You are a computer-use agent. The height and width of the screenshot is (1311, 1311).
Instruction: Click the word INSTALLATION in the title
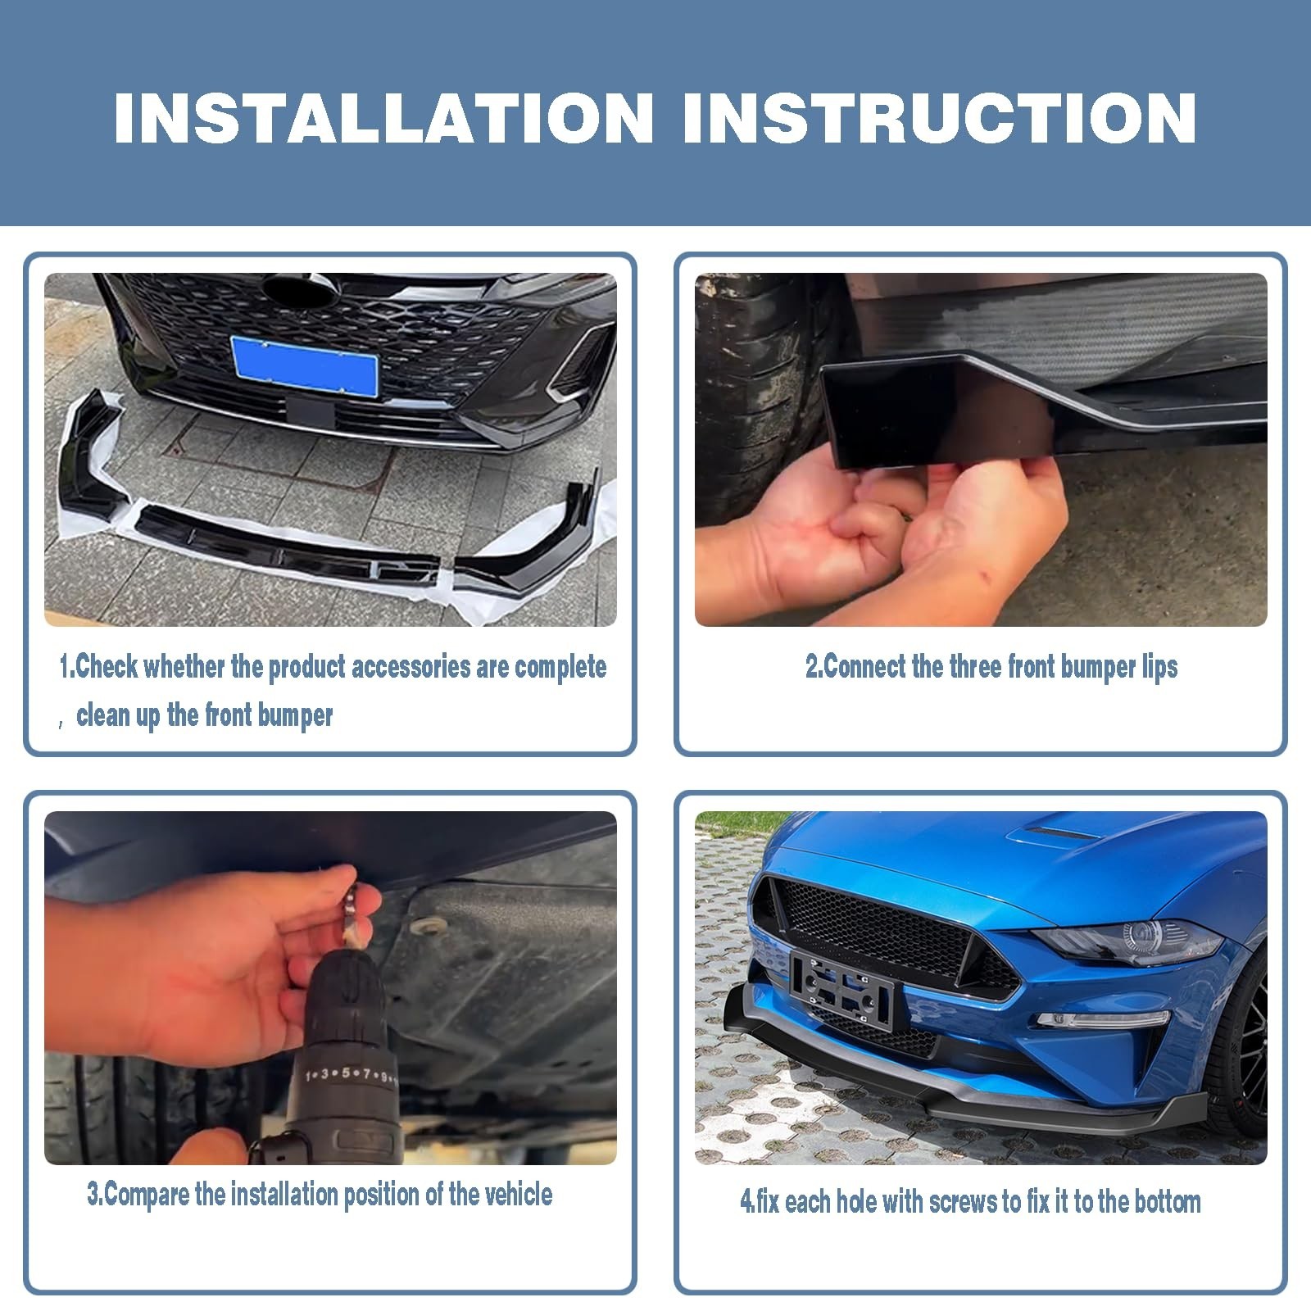click(x=383, y=119)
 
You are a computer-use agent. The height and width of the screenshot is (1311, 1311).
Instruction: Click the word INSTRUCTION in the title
click(x=939, y=119)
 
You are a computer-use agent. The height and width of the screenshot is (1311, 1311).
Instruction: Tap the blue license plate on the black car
click(x=304, y=364)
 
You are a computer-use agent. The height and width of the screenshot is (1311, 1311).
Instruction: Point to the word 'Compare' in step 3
click(x=147, y=1195)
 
